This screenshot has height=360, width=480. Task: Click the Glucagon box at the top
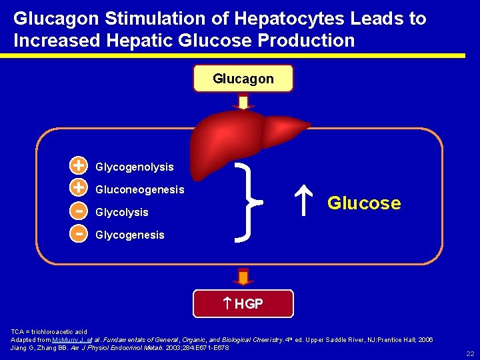point(243,79)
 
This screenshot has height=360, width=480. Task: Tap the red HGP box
point(243,304)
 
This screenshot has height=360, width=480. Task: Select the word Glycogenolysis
point(135,167)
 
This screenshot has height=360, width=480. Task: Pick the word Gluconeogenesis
point(140,189)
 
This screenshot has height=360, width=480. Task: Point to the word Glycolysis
point(122,212)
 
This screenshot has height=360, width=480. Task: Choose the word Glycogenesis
point(130,235)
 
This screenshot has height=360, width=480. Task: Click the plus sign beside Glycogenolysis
point(79,165)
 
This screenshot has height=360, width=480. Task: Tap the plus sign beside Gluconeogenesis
point(79,187)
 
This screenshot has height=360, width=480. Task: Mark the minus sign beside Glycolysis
point(79,210)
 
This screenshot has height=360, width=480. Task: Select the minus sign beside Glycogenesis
point(79,233)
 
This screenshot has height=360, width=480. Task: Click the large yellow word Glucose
point(364,203)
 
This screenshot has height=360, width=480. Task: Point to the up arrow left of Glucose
point(303,203)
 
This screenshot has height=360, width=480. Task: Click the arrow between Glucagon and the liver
point(243,101)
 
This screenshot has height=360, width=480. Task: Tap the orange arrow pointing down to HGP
point(243,277)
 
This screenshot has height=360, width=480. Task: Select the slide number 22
point(471,353)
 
